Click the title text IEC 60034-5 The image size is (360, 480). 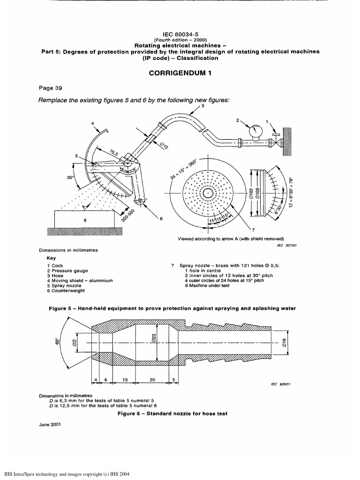click(x=180, y=34)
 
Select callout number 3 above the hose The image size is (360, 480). click(x=202, y=106)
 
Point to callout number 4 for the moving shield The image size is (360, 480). click(x=93, y=123)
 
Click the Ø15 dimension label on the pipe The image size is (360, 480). click(x=164, y=145)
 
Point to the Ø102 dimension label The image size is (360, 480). click(x=252, y=193)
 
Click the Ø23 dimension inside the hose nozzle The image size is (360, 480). click(x=160, y=337)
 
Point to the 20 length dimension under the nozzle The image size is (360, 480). click(x=152, y=380)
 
